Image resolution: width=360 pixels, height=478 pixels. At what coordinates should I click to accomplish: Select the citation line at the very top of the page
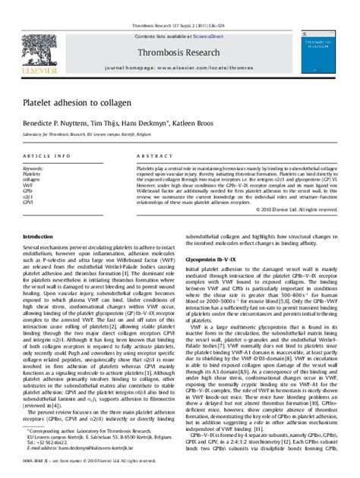click(180, 5)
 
